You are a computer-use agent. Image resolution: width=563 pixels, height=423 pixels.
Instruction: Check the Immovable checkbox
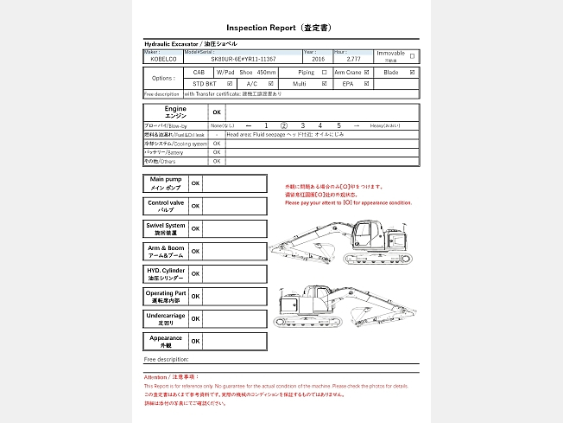(412, 55)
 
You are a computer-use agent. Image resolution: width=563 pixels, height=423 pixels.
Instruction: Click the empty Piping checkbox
(324, 73)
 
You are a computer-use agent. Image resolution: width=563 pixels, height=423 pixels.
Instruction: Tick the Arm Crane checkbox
(367, 73)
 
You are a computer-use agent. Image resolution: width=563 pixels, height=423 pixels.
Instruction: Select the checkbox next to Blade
(412, 73)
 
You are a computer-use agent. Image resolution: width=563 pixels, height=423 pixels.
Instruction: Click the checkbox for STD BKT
(229, 84)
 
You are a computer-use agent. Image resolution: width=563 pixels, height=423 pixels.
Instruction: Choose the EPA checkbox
(367, 84)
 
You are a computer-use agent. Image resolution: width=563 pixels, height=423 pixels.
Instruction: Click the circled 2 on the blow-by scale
(284, 126)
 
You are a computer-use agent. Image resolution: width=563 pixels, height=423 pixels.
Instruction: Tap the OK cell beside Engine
(217, 112)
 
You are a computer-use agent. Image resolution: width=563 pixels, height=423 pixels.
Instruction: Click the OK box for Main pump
(196, 183)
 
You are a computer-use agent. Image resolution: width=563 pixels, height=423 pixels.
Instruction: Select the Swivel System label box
(165, 228)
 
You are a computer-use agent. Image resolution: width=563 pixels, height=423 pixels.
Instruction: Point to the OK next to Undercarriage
(196, 318)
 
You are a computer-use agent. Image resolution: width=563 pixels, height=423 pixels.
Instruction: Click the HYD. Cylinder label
(165, 273)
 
